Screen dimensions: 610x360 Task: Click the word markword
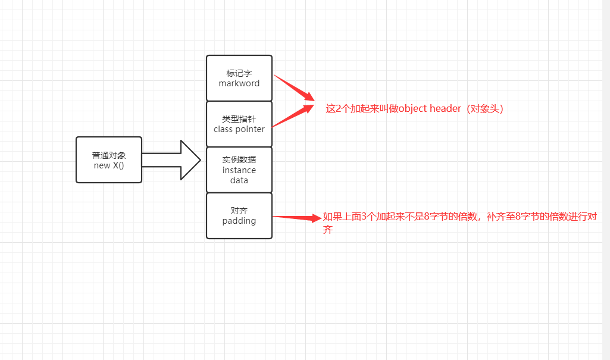(x=239, y=83)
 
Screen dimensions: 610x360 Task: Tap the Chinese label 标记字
(x=239, y=73)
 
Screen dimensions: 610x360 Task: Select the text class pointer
(x=239, y=129)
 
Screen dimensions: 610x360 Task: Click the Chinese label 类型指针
(x=239, y=119)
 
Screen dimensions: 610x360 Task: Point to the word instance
(x=239, y=170)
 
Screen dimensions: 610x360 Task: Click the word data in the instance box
(x=239, y=180)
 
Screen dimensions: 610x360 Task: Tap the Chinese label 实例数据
(x=239, y=159)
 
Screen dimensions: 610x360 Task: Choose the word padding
(x=239, y=221)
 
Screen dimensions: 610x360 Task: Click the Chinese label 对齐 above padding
(x=239, y=211)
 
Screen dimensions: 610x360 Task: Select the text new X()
(x=109, y=165)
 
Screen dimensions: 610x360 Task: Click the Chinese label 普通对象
(x=109, y=155)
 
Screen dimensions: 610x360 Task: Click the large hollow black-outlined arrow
(x=171, y=160)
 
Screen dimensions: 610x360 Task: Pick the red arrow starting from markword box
(x=294, y=88)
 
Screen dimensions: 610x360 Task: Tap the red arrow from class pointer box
(x=293, y=115)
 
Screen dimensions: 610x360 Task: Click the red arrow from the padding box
(x=297, y=217)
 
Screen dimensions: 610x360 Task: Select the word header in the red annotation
(x=445, y=108)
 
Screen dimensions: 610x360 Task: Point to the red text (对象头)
(x=485, y=108)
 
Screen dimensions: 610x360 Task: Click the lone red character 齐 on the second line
(x=327, y=229)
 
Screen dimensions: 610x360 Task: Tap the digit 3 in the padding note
(x=364, y=217)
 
